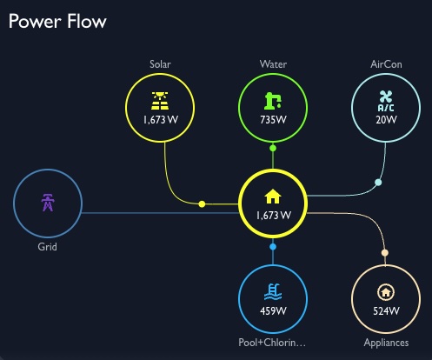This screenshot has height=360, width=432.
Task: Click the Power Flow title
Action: [x=57, y=21]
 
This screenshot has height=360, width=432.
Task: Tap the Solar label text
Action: [x=161, y=64]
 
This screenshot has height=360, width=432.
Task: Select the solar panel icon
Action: [x=161, y=100]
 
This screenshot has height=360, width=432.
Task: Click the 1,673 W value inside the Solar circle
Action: [x=161, y=119]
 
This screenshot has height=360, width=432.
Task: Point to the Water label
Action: [x=273, y=64]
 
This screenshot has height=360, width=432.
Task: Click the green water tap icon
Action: [x=273, y=100]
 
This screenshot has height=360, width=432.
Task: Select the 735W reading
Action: [x=273, y=119]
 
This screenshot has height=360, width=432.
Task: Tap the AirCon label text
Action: [x=385, y=64]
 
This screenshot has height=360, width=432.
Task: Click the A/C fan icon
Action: [x=385, y=99]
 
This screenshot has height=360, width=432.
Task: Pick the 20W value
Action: [x=385, y=119]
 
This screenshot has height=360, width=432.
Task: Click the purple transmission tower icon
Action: [x=48, y=203]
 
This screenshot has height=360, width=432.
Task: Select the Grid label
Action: [x=48, y=247]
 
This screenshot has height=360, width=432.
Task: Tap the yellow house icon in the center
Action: [x=273, y=196]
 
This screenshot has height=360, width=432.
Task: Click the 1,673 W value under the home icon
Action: [x=273, y=215]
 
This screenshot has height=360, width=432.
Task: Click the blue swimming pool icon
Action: [x=273, y=291]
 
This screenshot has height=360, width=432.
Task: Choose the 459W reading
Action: [x=273, y=310]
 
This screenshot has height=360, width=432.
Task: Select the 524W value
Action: [x=385, y=310]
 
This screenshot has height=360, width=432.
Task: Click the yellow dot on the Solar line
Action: [x=203, y=204]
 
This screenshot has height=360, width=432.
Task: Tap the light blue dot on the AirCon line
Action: [x=377, y=183]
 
